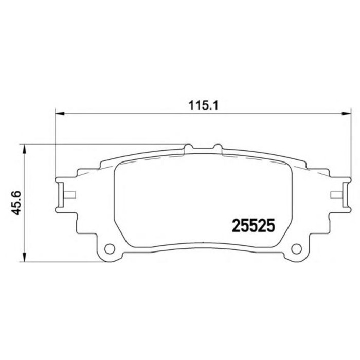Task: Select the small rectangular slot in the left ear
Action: (x=68, y=195)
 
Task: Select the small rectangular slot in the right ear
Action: (x=336, y=195)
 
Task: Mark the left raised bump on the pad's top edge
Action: (x=188, y=149)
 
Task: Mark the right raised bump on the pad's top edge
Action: (x=218, y=149)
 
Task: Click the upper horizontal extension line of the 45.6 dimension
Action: (x=103, y=145)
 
